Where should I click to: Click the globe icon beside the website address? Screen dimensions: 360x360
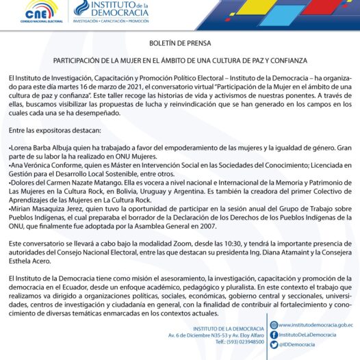(x=274, y=324)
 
